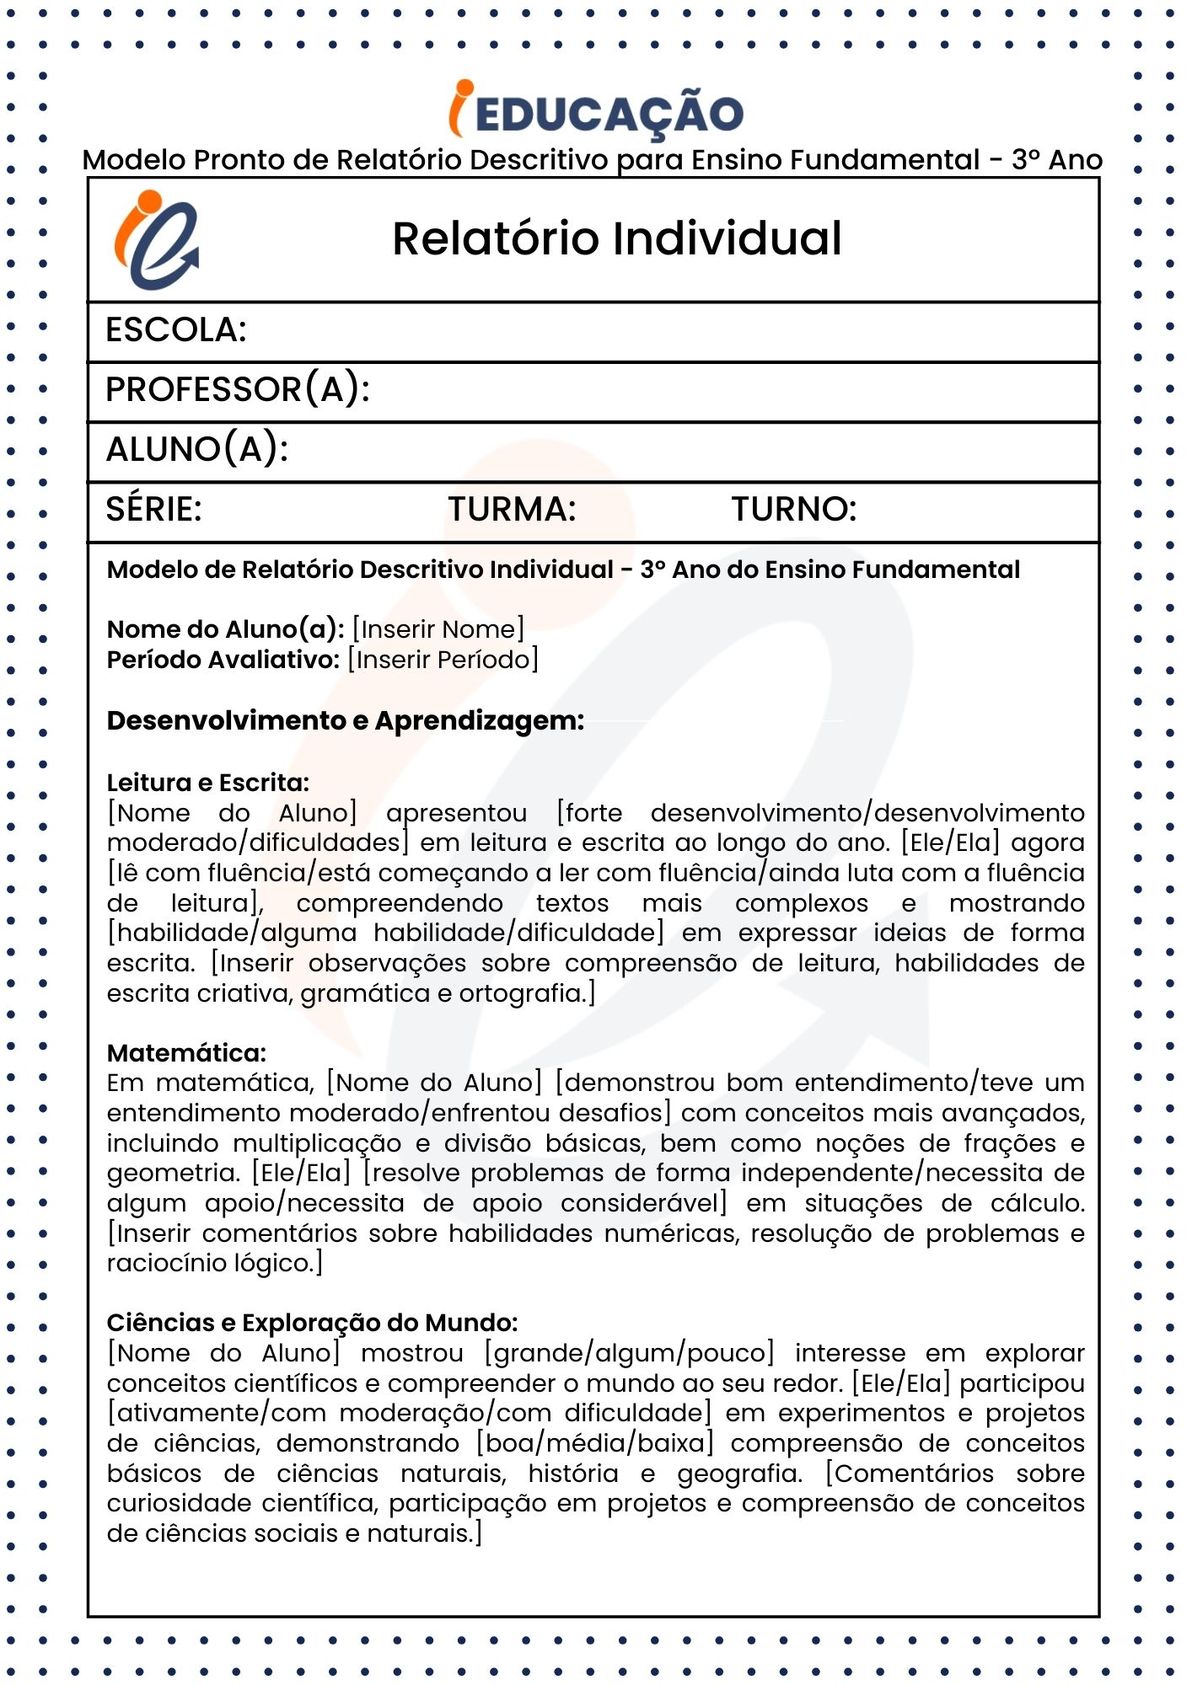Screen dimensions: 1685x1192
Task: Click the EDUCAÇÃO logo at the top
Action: pos(596,112)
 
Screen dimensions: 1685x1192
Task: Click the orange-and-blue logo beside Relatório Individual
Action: pos(158,240)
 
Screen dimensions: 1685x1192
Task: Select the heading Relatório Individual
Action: pos(616,238)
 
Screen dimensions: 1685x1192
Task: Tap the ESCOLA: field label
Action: pos(175,330)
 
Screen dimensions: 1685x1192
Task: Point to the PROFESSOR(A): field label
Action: pos(237,389)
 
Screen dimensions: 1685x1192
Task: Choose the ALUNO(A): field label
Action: pos(196,449)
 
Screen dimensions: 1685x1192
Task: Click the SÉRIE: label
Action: pos(153,509)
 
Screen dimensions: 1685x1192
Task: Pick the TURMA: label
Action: pos(512,509)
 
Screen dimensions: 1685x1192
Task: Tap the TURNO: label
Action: pos(793,509)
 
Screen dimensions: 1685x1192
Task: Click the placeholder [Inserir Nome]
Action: pos(438,629)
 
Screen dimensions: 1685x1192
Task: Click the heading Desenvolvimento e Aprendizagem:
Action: pos(345,721)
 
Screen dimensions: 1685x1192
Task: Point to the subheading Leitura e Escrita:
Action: pos(207,783)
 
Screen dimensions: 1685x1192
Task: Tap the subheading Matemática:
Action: pos(186,1053)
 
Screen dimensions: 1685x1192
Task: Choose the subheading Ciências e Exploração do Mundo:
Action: pos(312,1323)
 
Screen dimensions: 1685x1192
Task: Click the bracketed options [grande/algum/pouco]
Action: pos(629,1353)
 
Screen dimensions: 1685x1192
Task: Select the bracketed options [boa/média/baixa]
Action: pos(595,1443)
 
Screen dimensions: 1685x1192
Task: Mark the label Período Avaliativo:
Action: pos(223,659)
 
